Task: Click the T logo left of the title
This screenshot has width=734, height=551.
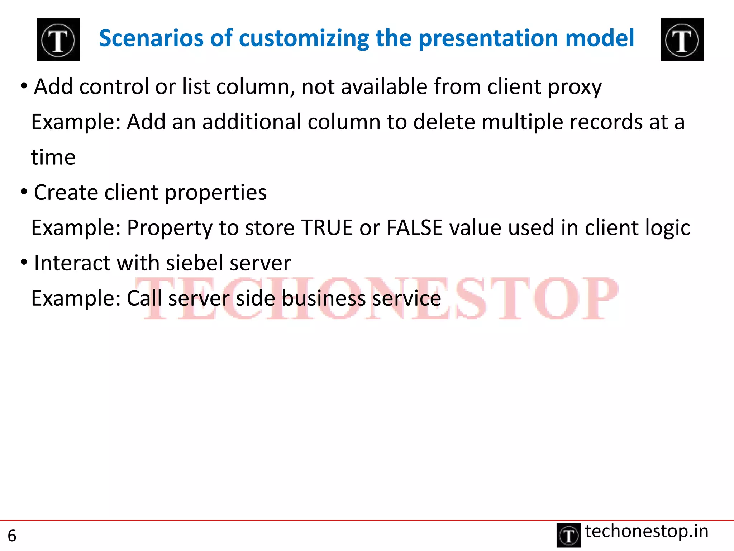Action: [58, 40]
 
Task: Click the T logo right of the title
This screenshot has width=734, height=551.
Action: [682, 40]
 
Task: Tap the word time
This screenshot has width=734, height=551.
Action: [53, 157]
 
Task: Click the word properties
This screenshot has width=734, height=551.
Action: [215, 193]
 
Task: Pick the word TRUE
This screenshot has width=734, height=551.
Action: [327, 228]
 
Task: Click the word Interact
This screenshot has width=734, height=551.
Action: [72, 263]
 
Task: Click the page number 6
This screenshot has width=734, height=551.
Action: [12, 536]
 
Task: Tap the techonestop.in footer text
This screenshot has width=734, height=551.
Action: [647, 531]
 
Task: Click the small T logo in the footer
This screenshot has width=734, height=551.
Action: [568, 535]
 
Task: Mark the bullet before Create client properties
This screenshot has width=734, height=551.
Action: [24, 192]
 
